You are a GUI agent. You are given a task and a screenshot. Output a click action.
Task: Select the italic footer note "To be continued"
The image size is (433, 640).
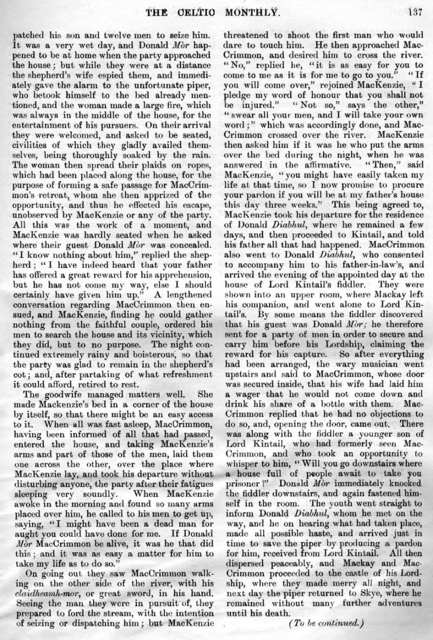click(x=324, y=623)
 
